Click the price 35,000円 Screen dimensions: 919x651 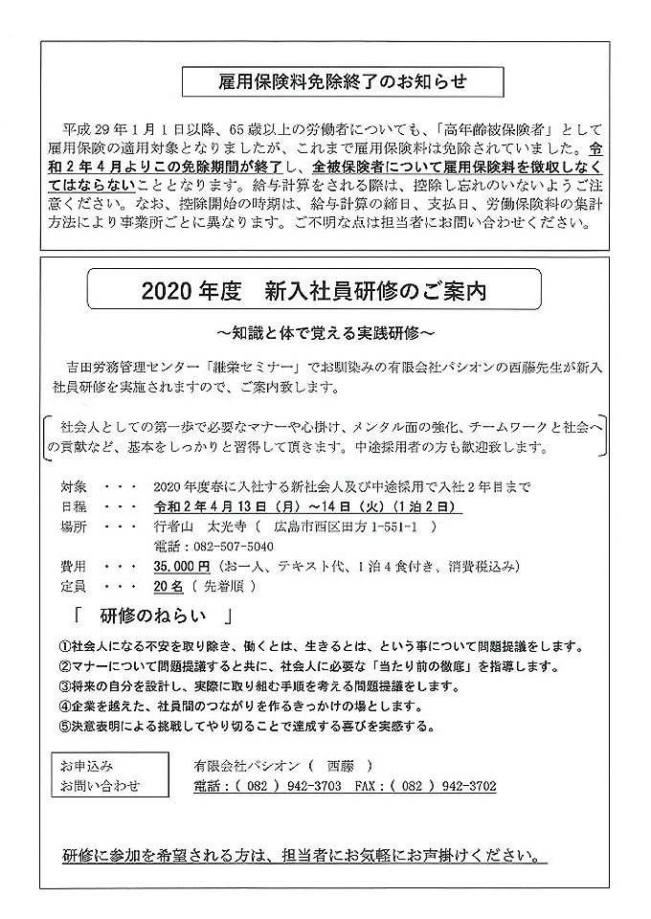click(x=181, y=566)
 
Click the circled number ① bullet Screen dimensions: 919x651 click(x=66, y=646)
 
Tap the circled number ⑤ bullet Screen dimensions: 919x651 click(x=66, y=727)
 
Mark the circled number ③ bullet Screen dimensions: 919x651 click(x=66, y=686)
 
